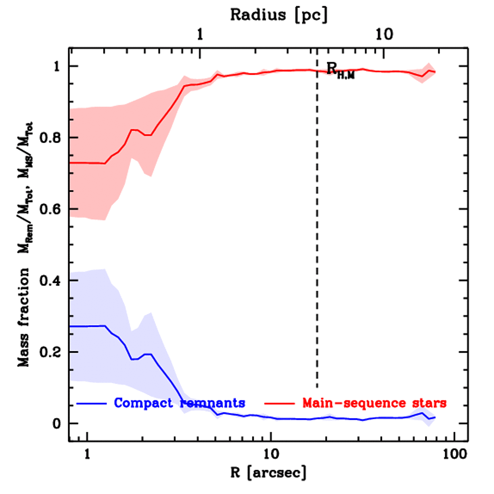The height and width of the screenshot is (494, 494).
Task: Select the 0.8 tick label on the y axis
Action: pos(50,138)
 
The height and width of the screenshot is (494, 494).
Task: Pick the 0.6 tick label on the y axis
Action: pos(50,209)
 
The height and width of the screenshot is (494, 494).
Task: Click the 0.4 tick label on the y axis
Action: pos(50,281)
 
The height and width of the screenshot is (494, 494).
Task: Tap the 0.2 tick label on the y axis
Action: pos(50,352)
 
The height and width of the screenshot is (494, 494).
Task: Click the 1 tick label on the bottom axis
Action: pos(87,454)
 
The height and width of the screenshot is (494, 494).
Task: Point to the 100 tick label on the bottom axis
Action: pos(453,454)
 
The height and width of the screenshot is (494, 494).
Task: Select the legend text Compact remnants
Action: pos(179,402)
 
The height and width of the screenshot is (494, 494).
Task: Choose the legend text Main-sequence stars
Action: pos(374,402)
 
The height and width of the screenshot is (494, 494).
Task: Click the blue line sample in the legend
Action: pos(93,402)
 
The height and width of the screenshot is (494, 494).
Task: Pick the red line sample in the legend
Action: pos(279,402)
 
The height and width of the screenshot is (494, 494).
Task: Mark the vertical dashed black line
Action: pos(317,241)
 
